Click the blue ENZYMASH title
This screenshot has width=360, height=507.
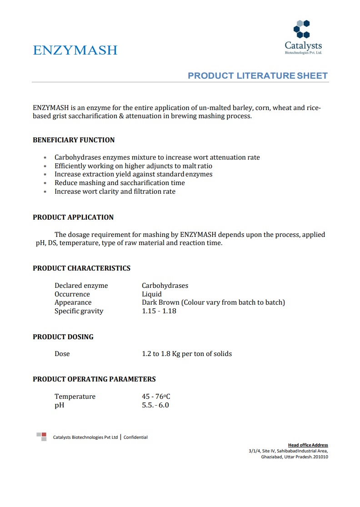point(75,50)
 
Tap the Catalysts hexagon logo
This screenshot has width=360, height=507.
point(302,29)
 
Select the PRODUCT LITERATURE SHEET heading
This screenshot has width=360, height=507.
point(258,75)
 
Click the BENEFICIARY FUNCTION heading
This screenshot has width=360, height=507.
point(74,140)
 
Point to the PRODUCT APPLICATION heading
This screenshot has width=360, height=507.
point(73,217)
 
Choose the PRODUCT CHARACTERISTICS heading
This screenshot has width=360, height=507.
point(81,268)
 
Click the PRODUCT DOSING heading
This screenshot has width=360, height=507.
point(63,337)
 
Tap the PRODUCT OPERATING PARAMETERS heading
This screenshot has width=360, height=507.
point(94,379)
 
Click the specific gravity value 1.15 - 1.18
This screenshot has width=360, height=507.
point(159,311)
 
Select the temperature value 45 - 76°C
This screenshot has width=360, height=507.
point(156,397)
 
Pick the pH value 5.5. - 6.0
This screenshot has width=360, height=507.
point(155,405)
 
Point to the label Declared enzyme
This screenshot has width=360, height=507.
point(81,286)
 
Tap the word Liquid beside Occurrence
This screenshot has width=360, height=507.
point(152,294)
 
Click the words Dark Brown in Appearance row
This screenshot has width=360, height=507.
point(160,303)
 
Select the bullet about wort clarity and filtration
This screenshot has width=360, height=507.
point(115,192)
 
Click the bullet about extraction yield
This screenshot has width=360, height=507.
point(133,175)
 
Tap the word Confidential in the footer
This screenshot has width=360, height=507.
point(135,437)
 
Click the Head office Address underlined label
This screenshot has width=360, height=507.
point(308,445)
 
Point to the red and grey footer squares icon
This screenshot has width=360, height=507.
point(41,437)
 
